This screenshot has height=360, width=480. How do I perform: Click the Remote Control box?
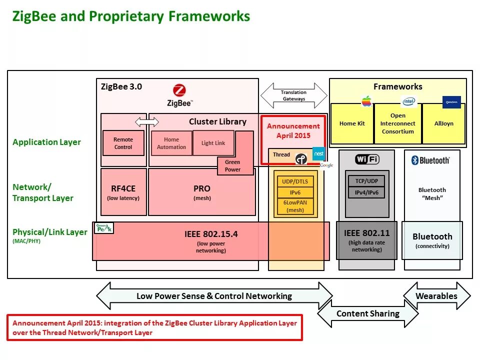coord(123,143)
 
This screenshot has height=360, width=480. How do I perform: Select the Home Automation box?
coord(171,143)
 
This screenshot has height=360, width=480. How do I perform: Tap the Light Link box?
coord(213,143)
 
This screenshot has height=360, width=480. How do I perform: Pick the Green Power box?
coord(232,165)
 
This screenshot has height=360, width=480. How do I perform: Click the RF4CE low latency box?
coord(123,192)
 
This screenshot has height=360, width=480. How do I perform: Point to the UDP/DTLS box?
coord(295,181)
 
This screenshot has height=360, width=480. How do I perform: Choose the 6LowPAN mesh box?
coord(295,206)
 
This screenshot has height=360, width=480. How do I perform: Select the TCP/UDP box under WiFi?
coord(366,181)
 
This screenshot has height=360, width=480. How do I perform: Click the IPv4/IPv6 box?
coord(366,192)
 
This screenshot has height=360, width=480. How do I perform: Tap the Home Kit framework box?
coord(352,124)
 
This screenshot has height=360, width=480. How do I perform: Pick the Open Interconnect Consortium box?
coord(397,123)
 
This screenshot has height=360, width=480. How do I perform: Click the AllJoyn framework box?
coord(443,123)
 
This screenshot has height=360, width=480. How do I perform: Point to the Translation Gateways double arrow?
coord(293,95)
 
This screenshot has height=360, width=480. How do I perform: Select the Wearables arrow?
coord(436,296)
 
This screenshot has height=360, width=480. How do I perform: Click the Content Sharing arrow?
coord(368,314)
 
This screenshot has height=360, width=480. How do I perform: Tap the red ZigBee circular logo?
coord(179,91)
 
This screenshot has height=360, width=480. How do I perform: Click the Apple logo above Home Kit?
coord(367,101)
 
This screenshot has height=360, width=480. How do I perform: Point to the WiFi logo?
coord(367,159)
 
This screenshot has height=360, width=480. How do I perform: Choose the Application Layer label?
coord(46,142)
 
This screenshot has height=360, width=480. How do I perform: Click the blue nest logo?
coord(318,154)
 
